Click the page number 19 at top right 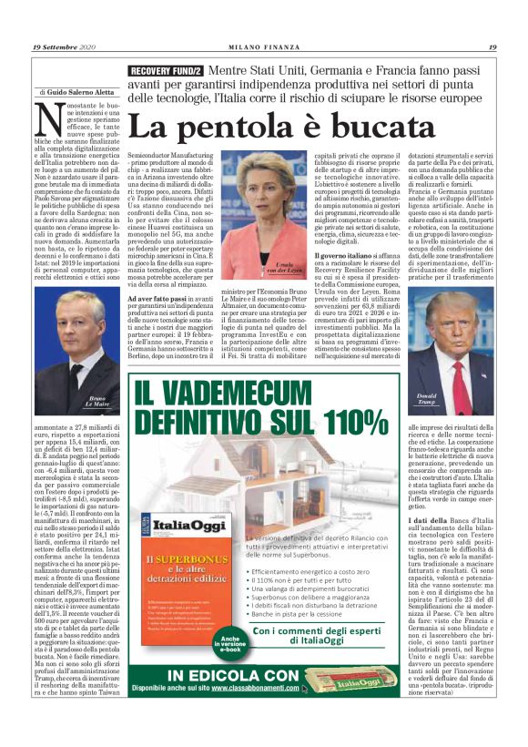click(x=492, y=47)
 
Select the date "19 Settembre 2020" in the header click(x=64, y=47)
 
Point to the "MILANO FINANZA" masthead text click(x=263, y=47)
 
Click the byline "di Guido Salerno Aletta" click(x=77, y=93)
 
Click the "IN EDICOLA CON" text click(x=237, y=675)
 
